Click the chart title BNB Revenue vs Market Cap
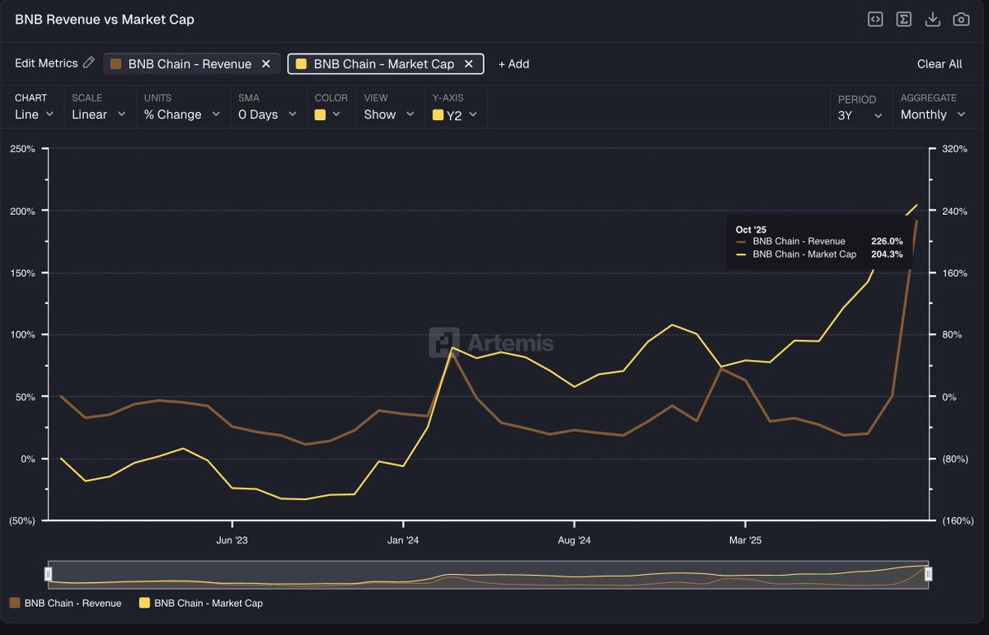[x=105, y=19]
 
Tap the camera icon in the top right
[x=961, y=19]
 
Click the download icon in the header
[x=932, y=19]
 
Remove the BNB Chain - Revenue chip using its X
[x=265, y=64]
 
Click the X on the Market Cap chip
[x=469, y=64]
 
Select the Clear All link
[x=939, y=64]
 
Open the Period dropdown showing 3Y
[x=860, y=114]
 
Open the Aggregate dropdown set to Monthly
[x=932, y=114]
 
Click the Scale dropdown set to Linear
[x=98, y=114]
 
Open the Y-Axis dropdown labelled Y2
[x=455, y=115]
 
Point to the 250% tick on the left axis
[x=21, y=149]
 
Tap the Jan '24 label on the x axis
[x=403, y=541]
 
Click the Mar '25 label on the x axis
[x=745, y=541]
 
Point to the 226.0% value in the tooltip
[x=887, y=241]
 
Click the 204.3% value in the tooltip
[x=887, y=254]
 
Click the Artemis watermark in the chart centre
[x=491, y=343]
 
